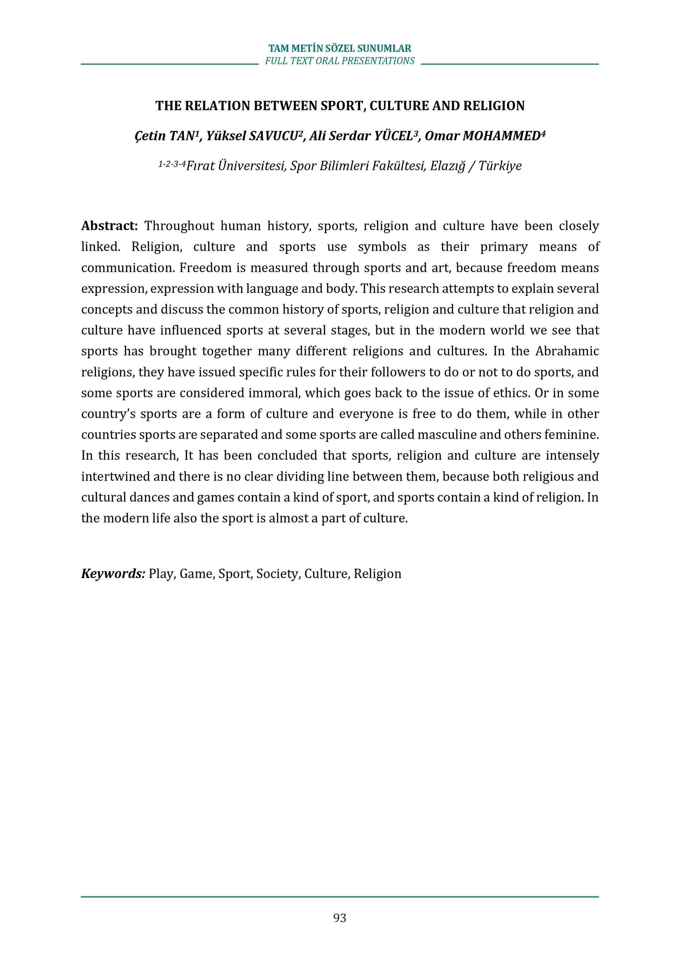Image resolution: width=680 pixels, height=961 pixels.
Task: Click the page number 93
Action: (340, 917)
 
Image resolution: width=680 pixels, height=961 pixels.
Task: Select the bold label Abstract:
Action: (109, 226)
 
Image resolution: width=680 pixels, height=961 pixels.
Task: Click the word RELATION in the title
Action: (217, 106)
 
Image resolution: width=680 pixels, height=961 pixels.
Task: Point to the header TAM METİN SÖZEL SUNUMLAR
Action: (340, 48)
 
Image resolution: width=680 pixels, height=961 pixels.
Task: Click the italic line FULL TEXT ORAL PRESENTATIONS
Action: (340, 61)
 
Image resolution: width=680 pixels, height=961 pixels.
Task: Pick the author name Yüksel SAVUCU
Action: (252, 136)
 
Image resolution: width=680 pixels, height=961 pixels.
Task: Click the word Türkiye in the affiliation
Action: (500, 166)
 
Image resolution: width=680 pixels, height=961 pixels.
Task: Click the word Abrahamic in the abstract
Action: (567, 351)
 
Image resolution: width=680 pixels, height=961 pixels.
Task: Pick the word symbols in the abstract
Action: (382, 247)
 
